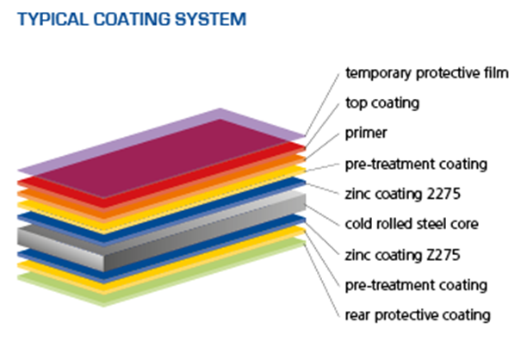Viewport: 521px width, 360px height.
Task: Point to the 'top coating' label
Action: pyautogui.click(x=381, y=102)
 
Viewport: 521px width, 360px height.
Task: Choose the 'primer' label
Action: pyautogui.click(x=366, y=133)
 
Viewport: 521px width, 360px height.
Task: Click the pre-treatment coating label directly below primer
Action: pyautogui.click(x=416, y=163)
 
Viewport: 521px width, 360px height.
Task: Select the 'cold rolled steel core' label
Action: pyautogui.click(x=411, y=224)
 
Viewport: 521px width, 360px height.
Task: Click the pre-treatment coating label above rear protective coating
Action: pyautogui.click(x=416, y=284)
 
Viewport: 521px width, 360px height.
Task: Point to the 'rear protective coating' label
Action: pyautogui.click(x=418, y=314)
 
